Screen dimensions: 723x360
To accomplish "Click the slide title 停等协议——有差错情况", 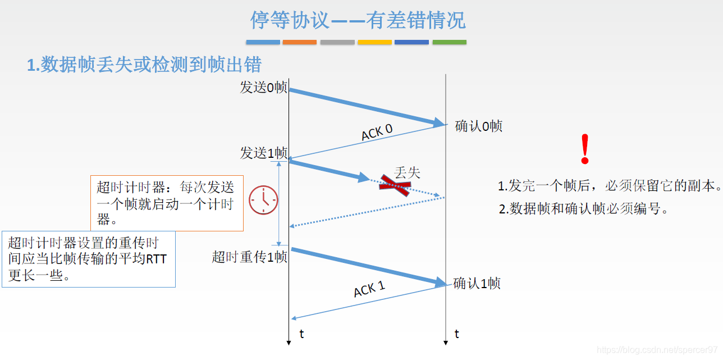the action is tap(358, 21).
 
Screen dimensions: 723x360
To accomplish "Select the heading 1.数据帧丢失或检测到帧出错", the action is tap(144, 65).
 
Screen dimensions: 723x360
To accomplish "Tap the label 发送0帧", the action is tap(263, 88).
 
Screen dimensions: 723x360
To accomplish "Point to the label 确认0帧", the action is tap(478, 126).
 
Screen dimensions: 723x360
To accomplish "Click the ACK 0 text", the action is tap(377, 133).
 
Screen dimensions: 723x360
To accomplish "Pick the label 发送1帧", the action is tap(263, 153).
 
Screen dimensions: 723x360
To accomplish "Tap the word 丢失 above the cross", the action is tap(407, 172).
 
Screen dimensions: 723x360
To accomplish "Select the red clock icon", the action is tap(263, 200).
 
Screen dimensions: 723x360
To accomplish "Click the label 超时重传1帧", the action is tap(249, 257).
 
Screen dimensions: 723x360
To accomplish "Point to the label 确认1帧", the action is tap(477, 283).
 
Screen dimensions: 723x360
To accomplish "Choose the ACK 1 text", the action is tap(369, 289).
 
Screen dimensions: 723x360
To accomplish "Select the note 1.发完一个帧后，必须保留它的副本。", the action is tap(610, 186).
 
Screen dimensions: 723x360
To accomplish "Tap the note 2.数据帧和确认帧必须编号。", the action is tap(584, 209).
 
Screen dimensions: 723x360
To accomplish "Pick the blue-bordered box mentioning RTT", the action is tap(89, 259).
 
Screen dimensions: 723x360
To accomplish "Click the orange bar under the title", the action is tap(300, 42).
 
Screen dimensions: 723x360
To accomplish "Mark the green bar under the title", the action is tap(449, 42).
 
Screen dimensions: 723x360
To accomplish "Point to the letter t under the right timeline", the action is tap(457, 334).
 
